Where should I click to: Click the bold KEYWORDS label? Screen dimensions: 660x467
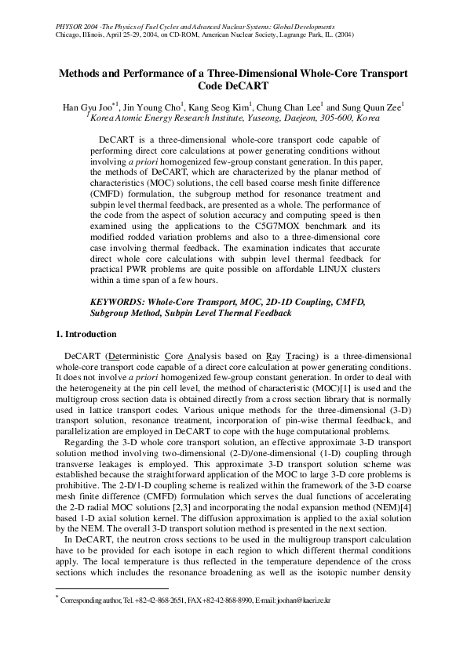coord(118,301)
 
